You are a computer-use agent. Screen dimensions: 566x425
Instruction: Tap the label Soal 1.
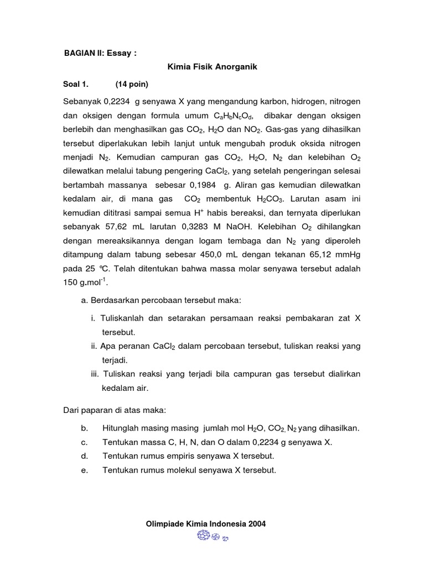pos(76,85)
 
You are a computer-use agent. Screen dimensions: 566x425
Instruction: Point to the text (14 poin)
pos(132,85)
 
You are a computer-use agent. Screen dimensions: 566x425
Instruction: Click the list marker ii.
pos(94,347)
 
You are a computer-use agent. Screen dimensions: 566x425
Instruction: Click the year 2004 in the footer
pos(256,524)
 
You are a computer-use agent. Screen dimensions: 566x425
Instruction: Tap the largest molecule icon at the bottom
pos(203,536)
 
